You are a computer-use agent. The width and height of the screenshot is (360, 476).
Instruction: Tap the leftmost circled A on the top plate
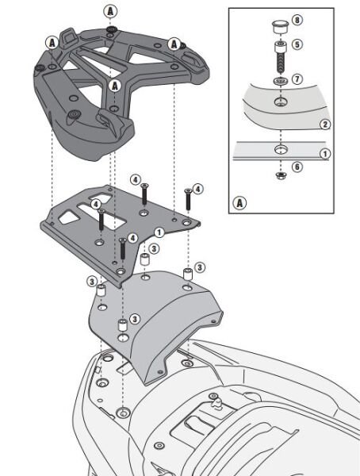coord(51,41)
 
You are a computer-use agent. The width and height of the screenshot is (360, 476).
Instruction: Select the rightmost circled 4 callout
coord(197,189)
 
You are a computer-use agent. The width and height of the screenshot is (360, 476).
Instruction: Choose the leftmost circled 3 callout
coord(92,281)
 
